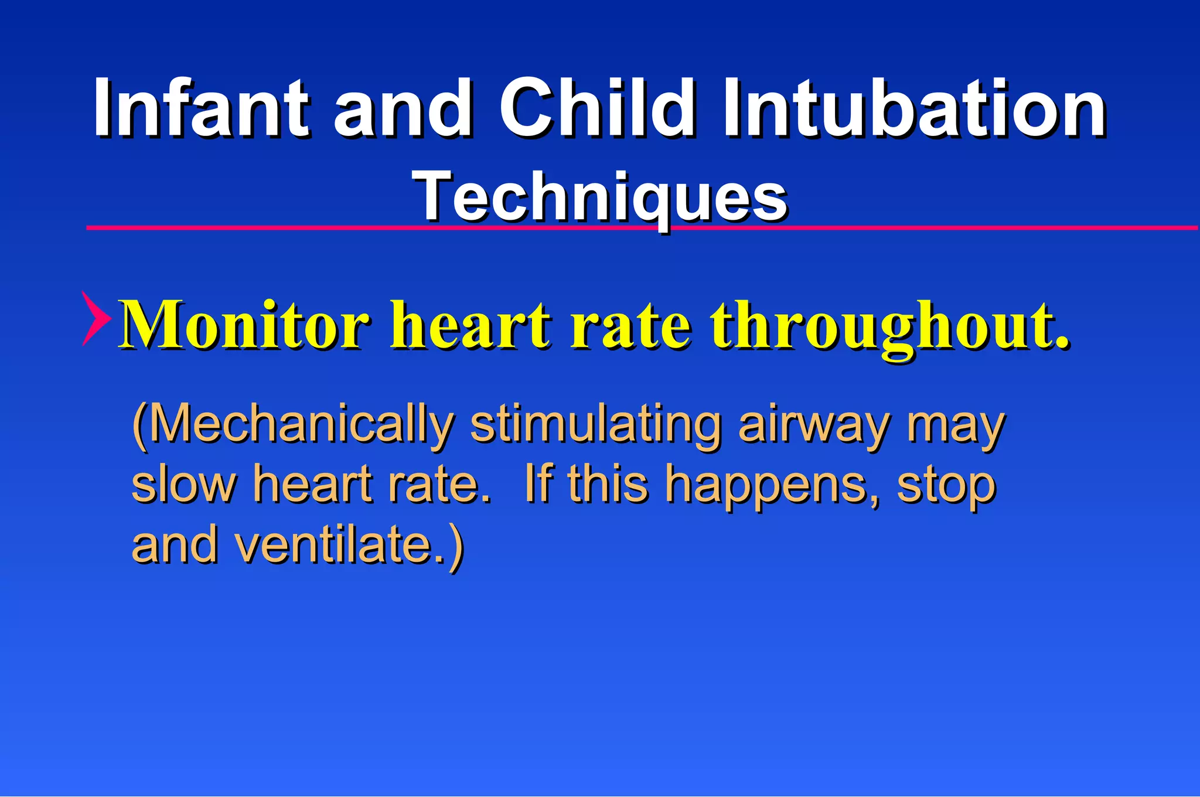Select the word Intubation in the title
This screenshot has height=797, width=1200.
tap(914, 108)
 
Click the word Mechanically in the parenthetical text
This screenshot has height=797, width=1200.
tap(299, 424)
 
